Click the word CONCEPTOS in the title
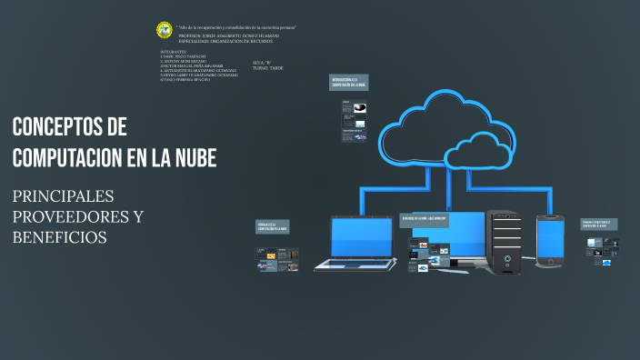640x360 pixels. click(56, 126)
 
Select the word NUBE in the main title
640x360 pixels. click(195, 157)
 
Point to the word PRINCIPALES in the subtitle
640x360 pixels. click(63, 197)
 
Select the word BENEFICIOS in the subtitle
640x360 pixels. click(60, 237)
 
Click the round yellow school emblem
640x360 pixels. click(165, 30)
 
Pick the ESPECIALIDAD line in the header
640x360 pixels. click(225, 41)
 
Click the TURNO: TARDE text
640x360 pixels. click(270, 68)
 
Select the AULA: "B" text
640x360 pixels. click(262, 62)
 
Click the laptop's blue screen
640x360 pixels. click(360, 237)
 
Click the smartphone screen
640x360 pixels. click(549, 238)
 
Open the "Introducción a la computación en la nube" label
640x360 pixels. click(348, 84)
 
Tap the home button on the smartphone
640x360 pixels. click(549, 262)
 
